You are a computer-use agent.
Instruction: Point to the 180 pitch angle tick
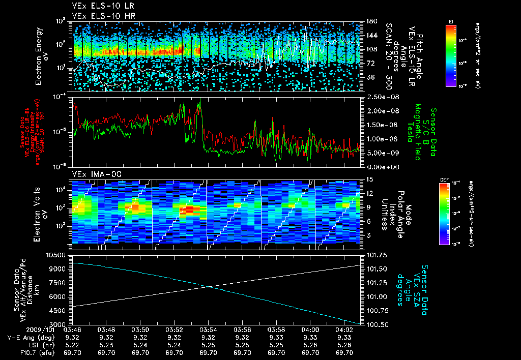(371, 21)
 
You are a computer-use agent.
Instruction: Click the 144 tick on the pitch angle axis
(371, 36)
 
